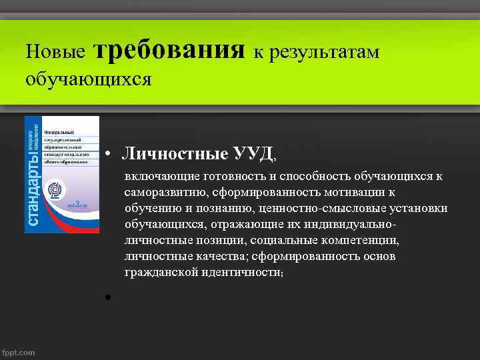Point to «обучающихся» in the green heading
coord(89,80)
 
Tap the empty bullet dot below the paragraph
coord(107,297)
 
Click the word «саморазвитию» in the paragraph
coord(162,193)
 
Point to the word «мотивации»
coord(353,193)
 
